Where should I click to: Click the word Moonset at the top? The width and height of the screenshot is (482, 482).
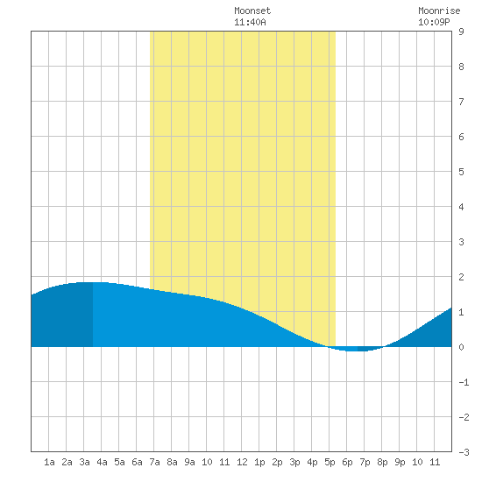coord(252,11)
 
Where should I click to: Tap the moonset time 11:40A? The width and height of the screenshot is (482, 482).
coord(250,22)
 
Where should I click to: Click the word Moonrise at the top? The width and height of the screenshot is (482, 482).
coord(439,11)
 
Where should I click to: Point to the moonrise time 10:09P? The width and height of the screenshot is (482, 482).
coord(434,22)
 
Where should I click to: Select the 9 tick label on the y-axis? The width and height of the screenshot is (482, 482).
coord(461,32)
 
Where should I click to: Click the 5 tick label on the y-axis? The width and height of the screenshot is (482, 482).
coord(461,172)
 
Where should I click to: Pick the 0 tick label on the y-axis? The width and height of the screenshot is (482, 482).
coord(461,347)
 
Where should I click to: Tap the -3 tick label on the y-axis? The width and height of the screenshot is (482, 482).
coord(464,452)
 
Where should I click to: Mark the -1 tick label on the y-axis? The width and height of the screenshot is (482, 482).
coord(464,382)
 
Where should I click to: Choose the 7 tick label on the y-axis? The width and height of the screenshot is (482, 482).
coord(461,102)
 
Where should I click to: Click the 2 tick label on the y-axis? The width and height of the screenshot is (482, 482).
coord(461,277)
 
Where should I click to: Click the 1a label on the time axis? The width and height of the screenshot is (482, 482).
coord(49,462)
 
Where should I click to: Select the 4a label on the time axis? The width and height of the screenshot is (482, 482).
coord(102,462)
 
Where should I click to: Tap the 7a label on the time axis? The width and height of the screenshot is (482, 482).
coord(154,462)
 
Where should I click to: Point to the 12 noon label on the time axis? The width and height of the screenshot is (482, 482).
coord(242,462)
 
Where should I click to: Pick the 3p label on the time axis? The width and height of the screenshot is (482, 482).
coord(294,462)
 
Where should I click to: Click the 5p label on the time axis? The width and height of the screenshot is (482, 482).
coord(330,462)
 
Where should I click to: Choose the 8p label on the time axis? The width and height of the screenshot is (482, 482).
coord(382,462)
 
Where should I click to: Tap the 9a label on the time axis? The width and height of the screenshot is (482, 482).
coord(189,462)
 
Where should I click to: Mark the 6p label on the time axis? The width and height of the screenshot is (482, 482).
coord(347,462)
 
